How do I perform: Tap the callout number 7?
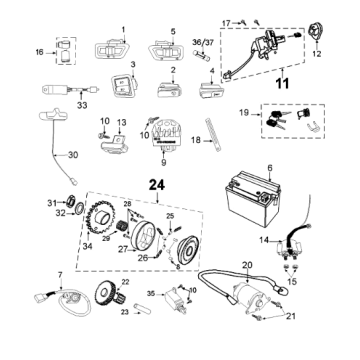click(60, 273)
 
